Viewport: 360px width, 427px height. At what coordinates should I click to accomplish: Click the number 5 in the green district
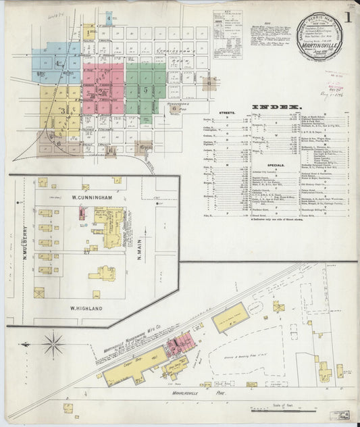pyautogui.click(x=145, y=89)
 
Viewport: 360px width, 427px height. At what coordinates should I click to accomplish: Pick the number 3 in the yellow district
pyautogui.click(x=63, y=111)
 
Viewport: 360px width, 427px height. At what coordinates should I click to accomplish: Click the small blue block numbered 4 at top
pyautogui.click(x=109, y=18)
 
